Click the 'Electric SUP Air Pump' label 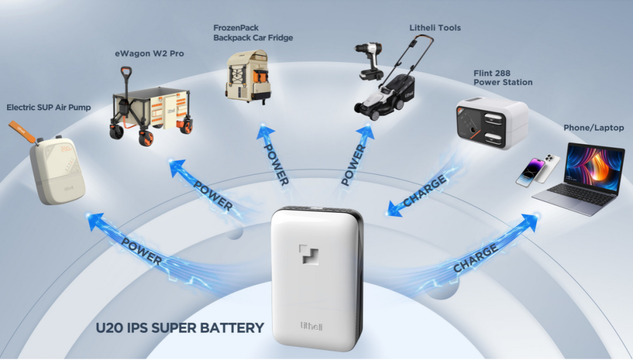pos(49,107)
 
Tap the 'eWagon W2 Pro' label pos(149,53)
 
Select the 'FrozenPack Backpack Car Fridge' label pos(253,33)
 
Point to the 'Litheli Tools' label pos(435,28)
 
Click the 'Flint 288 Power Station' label pos(503,77)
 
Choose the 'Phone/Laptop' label pos(593,128)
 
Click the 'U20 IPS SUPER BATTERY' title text pos(180,328)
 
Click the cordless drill pos(370,61)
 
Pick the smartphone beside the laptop pos(537,171)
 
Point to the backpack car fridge pos(247,76)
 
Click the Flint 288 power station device pos(492,123)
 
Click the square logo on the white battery pos(309,254)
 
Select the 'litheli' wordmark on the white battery pos(311,325)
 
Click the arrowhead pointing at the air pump pos(96,221)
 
